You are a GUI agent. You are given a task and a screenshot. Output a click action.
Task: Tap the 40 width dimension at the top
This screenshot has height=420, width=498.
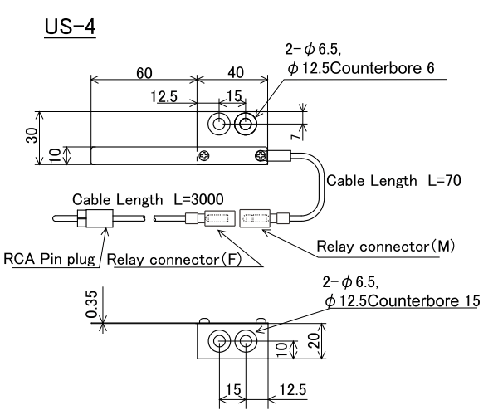point(232,72)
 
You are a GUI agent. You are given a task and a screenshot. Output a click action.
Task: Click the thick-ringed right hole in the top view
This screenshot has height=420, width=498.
point(247,125)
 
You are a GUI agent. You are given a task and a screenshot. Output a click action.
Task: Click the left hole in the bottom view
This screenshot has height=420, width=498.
point(220,340)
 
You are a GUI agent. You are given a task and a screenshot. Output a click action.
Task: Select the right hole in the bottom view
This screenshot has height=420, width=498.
point(247,340)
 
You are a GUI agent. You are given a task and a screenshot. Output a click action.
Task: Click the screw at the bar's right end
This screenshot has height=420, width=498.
point(261,154)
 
